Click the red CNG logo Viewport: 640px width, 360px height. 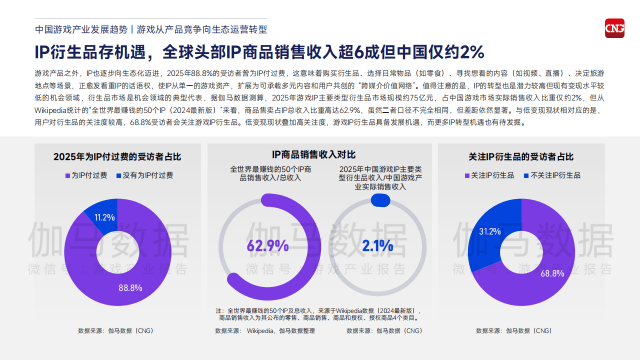(x=614, y=28)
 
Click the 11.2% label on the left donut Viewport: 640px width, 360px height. (x=105, y=217)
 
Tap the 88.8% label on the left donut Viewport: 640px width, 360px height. (x=130, y=288)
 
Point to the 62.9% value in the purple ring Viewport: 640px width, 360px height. (x=267, y=246)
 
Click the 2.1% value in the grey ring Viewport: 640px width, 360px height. (x=377, y=246)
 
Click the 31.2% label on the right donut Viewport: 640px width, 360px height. (x=490, y=231)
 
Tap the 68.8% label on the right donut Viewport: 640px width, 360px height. (x=552, y=273)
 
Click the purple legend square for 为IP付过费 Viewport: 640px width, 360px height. (x=67, y=175)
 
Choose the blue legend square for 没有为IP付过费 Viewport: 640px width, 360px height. (x=118, y=175)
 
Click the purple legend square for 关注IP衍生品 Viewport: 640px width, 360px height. (x=467, y=175)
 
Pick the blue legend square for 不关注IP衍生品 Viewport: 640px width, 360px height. (x=526, y=175)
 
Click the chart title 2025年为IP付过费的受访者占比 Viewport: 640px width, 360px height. (x=117, y=157)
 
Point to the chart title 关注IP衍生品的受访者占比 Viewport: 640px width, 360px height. (x=521, y=157)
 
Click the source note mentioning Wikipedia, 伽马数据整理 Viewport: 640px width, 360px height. (x=265, y=330)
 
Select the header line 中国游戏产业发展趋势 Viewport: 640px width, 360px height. (x=81, y=29)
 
